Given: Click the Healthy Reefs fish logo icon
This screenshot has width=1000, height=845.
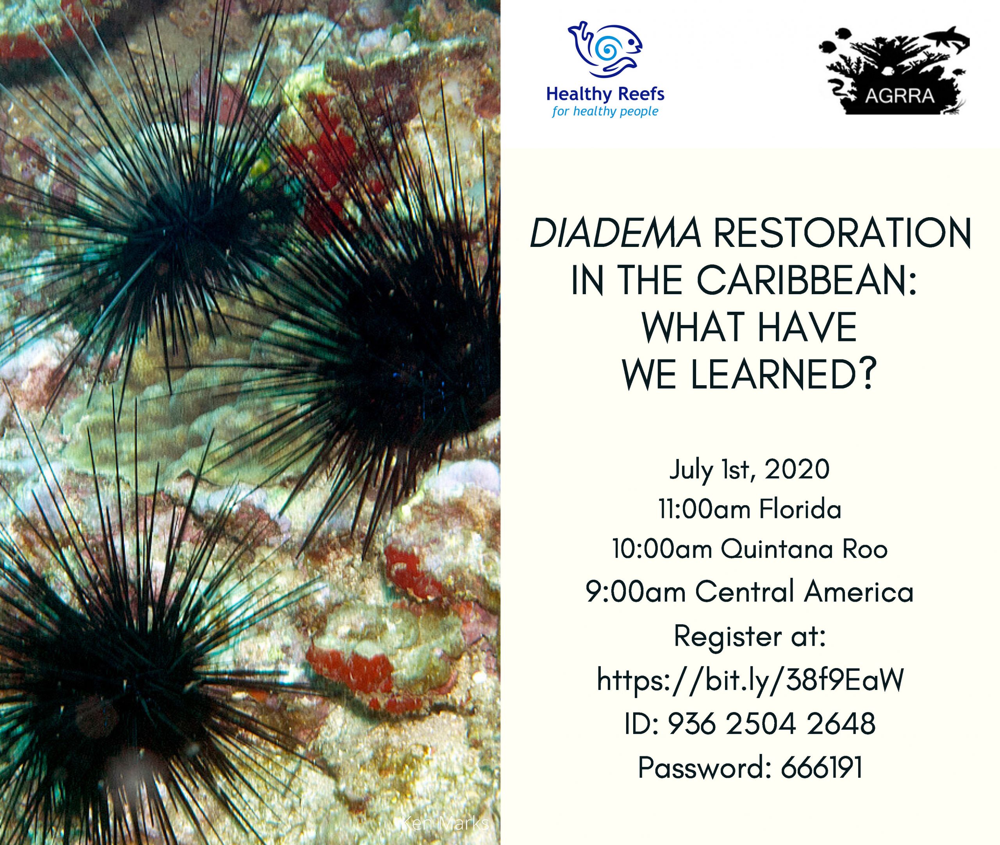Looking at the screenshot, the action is (605, 49).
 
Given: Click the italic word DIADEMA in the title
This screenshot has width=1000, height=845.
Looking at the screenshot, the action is (615, 233).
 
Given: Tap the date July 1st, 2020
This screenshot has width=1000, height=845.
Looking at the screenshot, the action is (749, 470).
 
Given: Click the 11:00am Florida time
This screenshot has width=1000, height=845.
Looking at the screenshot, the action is (750, 509).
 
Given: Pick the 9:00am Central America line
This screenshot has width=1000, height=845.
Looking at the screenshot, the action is (750, 591).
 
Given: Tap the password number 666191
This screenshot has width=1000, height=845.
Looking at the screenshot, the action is (822, 767).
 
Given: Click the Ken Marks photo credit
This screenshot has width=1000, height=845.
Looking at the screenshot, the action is (444, 824).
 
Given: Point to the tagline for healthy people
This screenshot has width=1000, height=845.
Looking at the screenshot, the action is (605, 112).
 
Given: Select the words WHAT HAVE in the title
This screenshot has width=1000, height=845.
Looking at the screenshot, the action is (749, 328).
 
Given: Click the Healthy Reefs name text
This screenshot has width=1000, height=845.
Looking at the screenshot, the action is (605, 94).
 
